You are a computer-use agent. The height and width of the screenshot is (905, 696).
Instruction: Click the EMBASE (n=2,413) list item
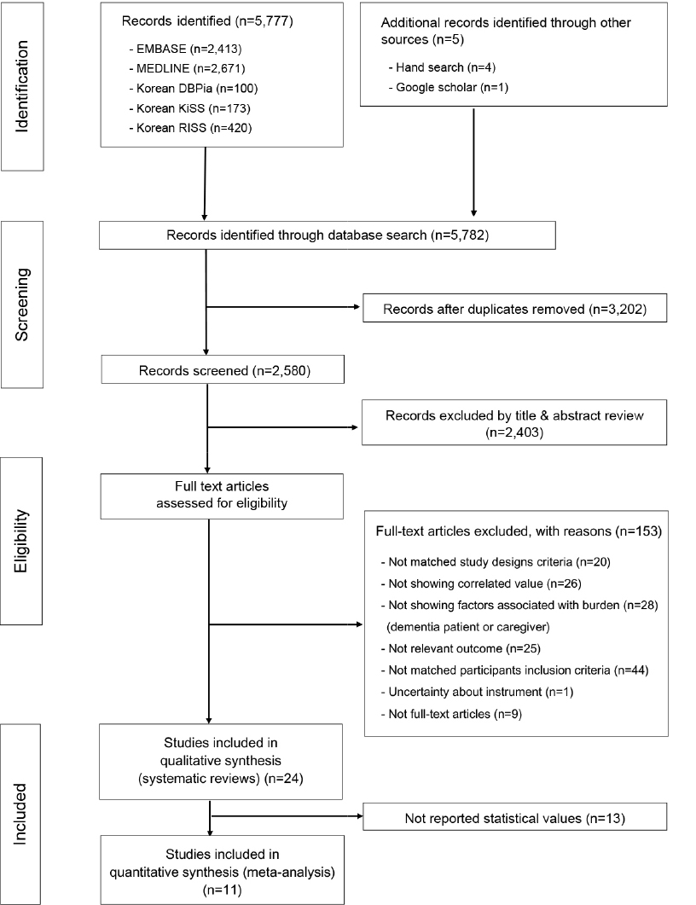(185, 49)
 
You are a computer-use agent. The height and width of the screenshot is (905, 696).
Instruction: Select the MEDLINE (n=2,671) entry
(187, 69)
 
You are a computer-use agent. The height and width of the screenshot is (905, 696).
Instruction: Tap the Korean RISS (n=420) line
(190, 128)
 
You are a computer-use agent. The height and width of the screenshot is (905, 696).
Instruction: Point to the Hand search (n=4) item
(442, 67)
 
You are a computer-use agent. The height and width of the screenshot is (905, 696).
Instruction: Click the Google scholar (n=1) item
(449, 88)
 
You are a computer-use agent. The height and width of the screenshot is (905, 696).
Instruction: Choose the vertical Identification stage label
(22, 86)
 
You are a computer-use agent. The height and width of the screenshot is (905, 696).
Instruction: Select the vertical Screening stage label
(22, 305)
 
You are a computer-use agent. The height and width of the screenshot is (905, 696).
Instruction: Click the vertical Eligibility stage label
(21, 541)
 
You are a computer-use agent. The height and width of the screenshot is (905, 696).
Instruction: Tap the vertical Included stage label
(20, 814)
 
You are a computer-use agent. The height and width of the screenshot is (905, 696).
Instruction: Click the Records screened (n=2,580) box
(223, 370)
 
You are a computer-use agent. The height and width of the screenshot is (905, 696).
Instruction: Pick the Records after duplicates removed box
(515, 309)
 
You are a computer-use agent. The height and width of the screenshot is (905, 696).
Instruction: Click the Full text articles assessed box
(222, 496)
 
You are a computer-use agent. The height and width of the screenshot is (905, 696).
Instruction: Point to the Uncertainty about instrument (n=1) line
(477, 692)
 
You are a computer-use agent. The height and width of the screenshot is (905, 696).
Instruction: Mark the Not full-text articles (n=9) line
(451, 714)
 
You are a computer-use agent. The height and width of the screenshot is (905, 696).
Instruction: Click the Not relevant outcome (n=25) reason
(461, 649)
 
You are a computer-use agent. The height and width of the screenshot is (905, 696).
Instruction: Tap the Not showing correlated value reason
(481, 583)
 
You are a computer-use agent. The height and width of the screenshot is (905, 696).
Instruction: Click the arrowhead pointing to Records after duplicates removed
(357, 307)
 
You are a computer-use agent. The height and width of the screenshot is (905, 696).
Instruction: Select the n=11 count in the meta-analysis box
(222, 890)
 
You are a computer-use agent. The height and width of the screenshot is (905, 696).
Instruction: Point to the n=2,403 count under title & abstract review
(514, 432)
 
